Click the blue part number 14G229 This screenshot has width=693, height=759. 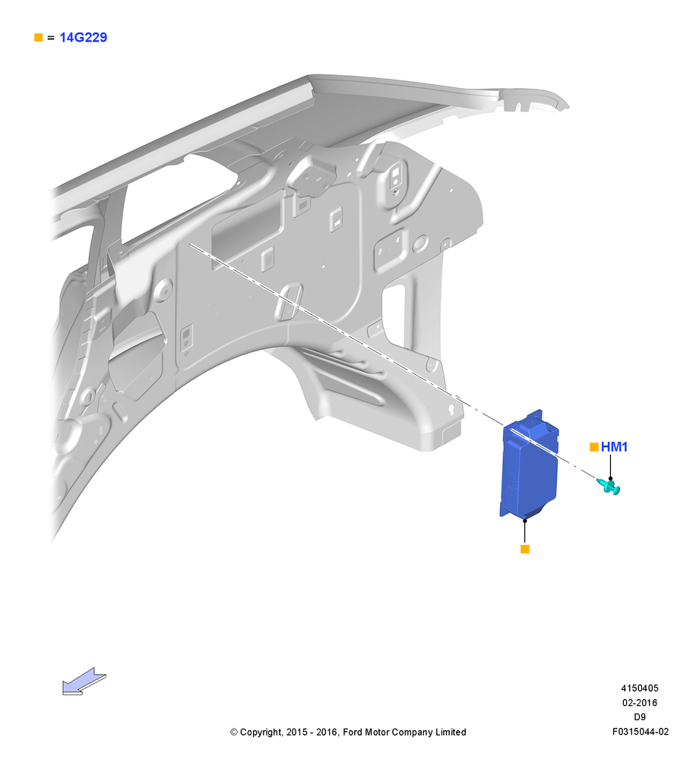[x=83, y=37]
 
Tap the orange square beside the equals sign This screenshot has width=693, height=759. [x=38, y=37]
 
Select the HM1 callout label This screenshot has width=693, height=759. [x=614, y=447]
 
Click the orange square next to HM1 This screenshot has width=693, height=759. [x=593, y=447]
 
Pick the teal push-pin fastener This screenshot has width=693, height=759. [x=609, y=486]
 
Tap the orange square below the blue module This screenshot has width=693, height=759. [x=524, y=549]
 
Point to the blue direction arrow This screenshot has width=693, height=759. [x=84, y=682]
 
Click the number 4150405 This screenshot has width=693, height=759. [x=640, y=688]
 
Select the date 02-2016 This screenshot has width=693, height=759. [x=640, y=702]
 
